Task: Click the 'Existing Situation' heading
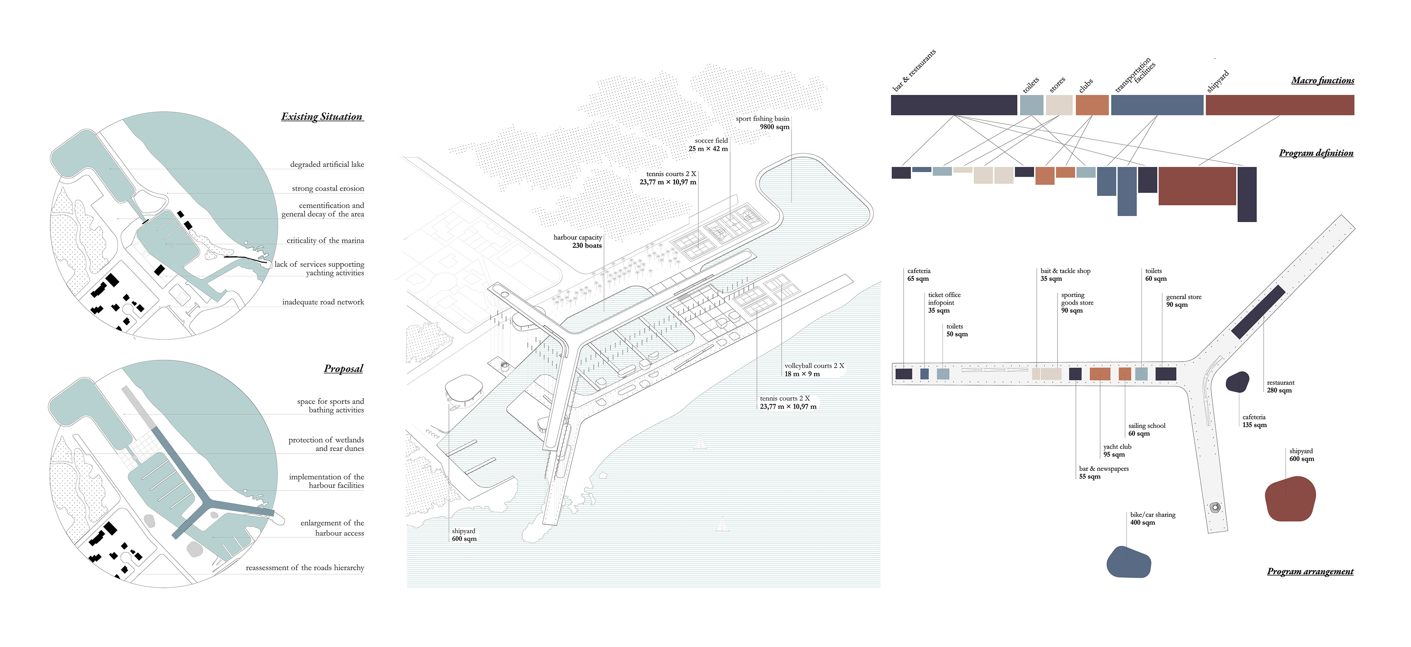click(322, 117)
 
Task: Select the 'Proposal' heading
click(344, 369)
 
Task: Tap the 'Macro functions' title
click(1322, 81)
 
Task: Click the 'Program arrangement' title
click(1310, 571)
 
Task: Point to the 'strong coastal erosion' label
click(327, 189)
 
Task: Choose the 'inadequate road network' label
click(323, 302)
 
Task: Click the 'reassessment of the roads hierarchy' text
click(305, 568)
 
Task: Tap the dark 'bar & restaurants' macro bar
click(954, 105)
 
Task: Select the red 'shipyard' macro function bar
click(1279, 105)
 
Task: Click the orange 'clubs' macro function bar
click(1092, 105)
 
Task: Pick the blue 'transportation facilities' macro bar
click(1157, 105)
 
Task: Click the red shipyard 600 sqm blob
click(1290, 498)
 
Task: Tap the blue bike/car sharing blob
click(1129, 562)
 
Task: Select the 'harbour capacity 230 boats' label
click(578, 242)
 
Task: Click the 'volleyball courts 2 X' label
click(814, 366)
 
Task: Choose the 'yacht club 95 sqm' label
click(1117, 451)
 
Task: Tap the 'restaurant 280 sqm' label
click(1281, 387)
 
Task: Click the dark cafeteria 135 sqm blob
click(1237, 382)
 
